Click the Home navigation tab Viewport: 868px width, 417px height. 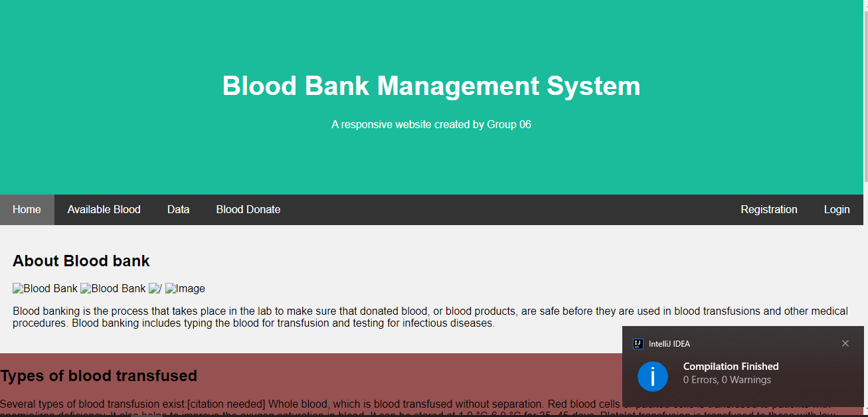click(27, 210)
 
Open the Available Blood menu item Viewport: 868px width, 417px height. click(104, 210)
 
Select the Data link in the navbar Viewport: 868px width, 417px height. click(178, 210)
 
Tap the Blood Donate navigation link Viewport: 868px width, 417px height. click(248, 210)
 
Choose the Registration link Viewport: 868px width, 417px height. click(768, 210)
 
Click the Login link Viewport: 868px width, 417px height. click(836, 210)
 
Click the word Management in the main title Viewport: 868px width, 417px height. click(458, 86)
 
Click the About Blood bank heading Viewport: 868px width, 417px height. click(81, 261)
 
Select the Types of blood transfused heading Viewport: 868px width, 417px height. click(98, 376)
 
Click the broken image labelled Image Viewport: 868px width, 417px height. click(185, 289)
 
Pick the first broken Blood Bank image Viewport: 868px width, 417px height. click(45, 289)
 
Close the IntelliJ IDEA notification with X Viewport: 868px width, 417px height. click(845, 343)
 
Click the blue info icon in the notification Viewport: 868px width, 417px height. click(652, 376)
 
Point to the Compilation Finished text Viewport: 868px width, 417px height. click(731, 367)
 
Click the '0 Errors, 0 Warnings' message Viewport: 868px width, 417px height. click(727, 380)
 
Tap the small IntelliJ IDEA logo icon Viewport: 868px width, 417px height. click(638, 344)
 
